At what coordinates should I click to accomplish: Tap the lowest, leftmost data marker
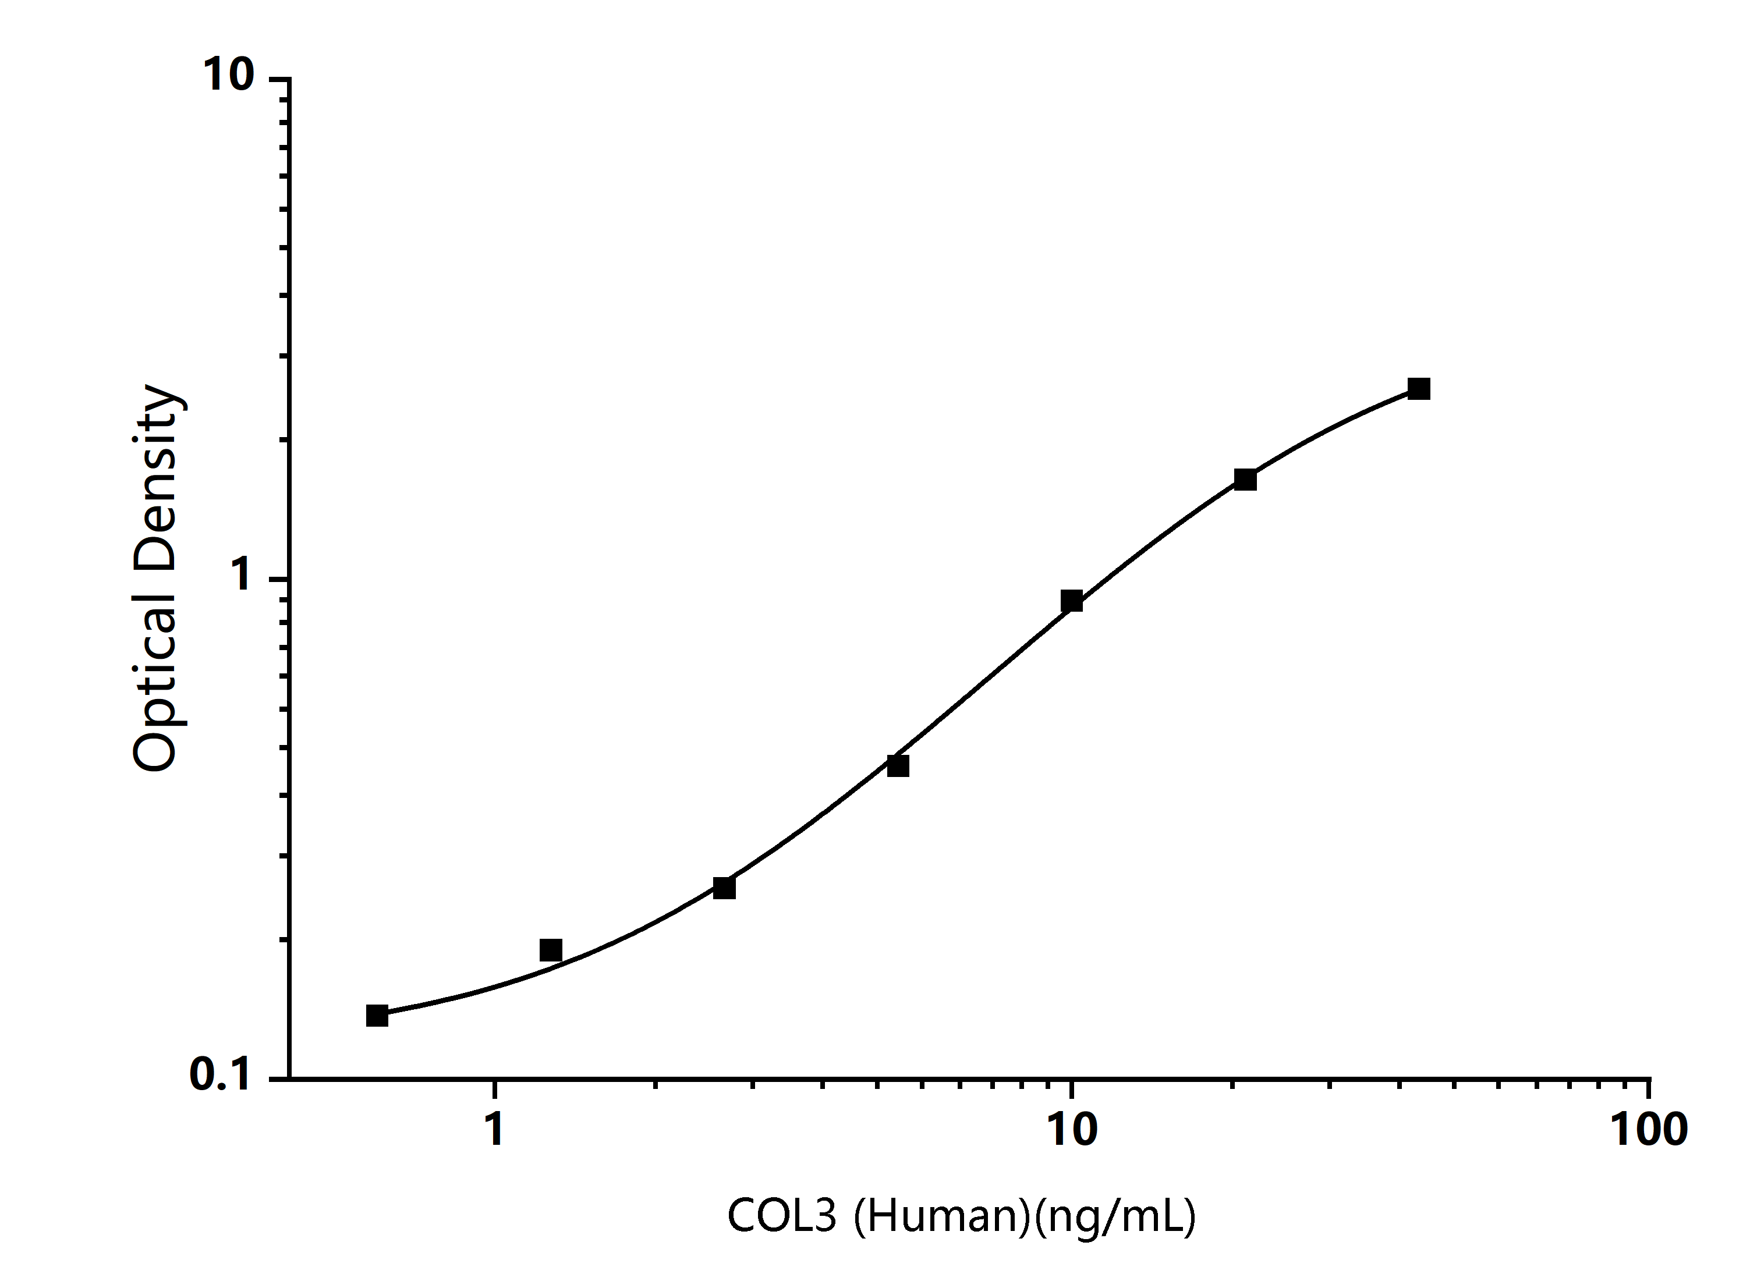(x=377, y=1016)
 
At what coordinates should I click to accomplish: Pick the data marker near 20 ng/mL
(x=1245, y=480)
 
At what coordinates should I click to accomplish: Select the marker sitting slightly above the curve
(x=551, y=950)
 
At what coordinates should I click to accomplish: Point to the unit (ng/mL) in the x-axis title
(x=1115, y=1215)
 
